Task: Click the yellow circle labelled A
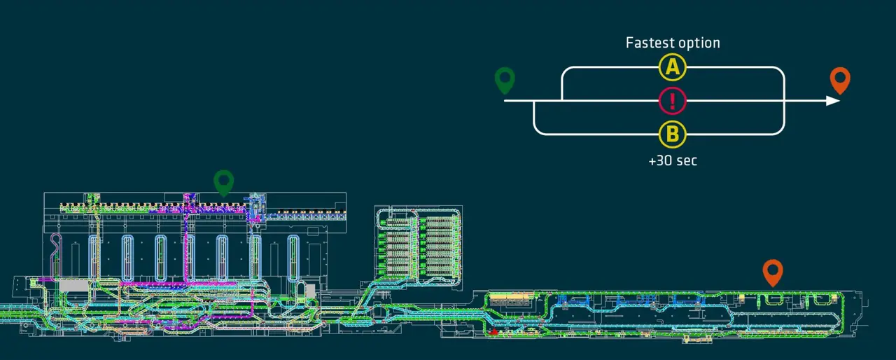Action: pos(673,67)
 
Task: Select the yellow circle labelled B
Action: pos(673,134)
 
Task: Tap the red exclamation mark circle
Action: pos(673,101)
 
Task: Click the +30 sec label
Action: pos(673,160)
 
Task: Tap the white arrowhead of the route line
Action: pos(833,101)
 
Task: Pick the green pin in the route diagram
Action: pos(505,81)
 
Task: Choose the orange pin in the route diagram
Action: pos(840,81)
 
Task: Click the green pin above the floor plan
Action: pos(223,183)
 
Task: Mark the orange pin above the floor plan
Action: pos(773,272)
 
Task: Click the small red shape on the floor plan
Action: pos(494,331)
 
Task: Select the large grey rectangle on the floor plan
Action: pos(74,286)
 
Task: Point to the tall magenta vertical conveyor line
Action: pos(186,240)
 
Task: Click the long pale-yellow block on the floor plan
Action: pos(512,296)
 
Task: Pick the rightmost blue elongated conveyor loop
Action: pos(293,258)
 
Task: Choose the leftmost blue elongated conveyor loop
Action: pos(93,258)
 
